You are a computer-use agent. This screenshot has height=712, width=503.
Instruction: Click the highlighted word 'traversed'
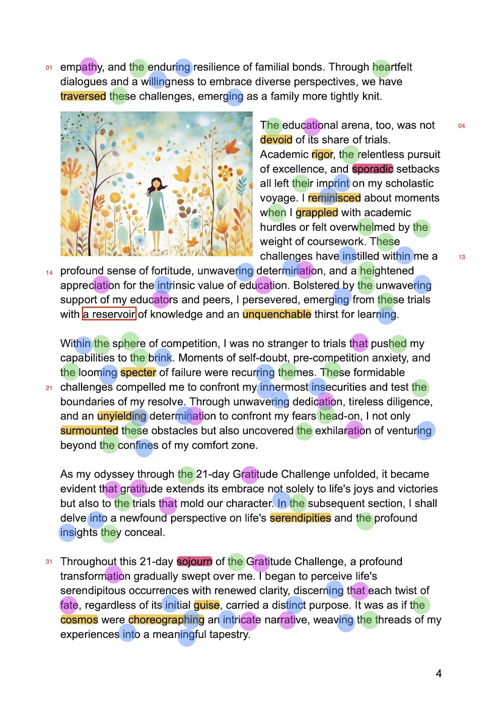click(x=83, y=96)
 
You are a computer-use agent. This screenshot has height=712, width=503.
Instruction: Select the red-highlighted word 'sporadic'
click(x=373, y=169)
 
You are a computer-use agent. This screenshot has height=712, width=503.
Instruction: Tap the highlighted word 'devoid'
click(x=276, y=139)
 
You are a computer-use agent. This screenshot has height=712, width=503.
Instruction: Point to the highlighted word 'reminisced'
click(x=334, y=198)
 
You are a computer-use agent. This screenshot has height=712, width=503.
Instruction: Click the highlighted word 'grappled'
click(x=317, y=212)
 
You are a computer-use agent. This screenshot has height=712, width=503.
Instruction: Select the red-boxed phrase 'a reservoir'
click(x=109, y=314)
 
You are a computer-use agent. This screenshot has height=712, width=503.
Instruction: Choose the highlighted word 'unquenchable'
click(x=277, y=314)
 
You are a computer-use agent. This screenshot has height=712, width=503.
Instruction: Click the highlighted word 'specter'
click(x=138, y=373)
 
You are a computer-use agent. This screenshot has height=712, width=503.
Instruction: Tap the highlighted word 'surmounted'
click(x=89, y=431)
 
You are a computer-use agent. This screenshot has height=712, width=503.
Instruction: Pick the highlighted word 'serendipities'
click(x=301, y=518)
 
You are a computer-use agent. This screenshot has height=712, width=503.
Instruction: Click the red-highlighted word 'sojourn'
click(x=194, y=561)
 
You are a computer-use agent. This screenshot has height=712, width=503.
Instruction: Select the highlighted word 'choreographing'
click(x=166, y=619)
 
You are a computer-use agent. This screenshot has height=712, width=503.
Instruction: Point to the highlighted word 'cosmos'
click(x=79, y=619)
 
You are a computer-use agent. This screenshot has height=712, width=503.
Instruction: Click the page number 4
click(x=439, y=674)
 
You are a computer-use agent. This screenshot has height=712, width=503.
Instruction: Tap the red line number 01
click(x=49, y=67)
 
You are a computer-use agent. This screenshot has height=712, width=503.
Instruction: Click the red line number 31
click(x=49, y=562)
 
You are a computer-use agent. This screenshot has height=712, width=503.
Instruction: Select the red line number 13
click(x=462, y=257)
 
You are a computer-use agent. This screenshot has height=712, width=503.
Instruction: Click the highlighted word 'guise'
click(x=206, y=605)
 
